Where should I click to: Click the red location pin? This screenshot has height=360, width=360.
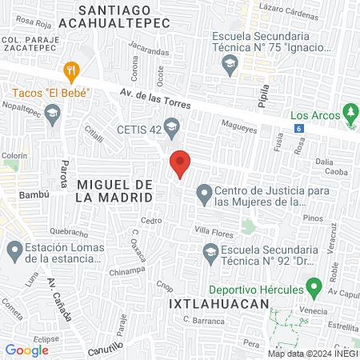180,164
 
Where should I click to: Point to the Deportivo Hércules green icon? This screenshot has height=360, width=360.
314,286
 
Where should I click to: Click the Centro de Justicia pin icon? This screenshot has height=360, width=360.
205,194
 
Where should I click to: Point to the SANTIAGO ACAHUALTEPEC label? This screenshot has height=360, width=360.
126,16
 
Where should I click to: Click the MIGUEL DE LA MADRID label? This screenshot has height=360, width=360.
115,190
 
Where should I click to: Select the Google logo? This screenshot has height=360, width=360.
27,350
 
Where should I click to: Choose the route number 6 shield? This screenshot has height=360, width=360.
298,128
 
